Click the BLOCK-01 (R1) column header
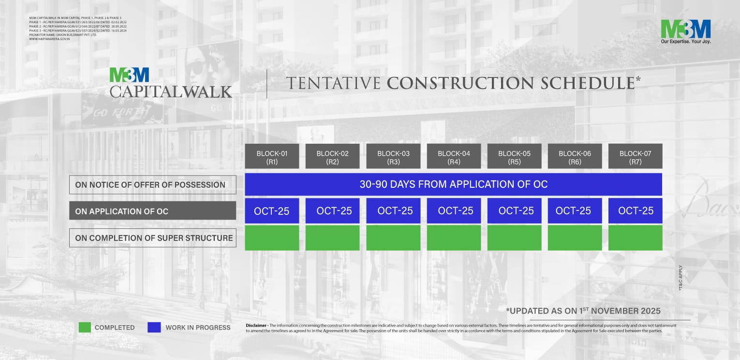[272, 156]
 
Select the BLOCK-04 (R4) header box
[454, 156]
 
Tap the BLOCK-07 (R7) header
[635, 156]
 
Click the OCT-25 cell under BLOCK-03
[393, 211]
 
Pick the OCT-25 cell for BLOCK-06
[575, 211]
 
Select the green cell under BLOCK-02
[332, 238]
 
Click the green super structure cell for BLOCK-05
[514, 238]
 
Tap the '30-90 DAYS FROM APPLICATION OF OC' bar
[453, 184]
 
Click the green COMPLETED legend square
[85, 328]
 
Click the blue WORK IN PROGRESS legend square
[154, 328]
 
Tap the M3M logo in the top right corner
[685, 29]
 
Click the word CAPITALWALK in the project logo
[171, 91]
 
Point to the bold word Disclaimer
[256, 325]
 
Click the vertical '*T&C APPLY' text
[681, 278]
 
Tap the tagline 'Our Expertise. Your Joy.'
[685, 42]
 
